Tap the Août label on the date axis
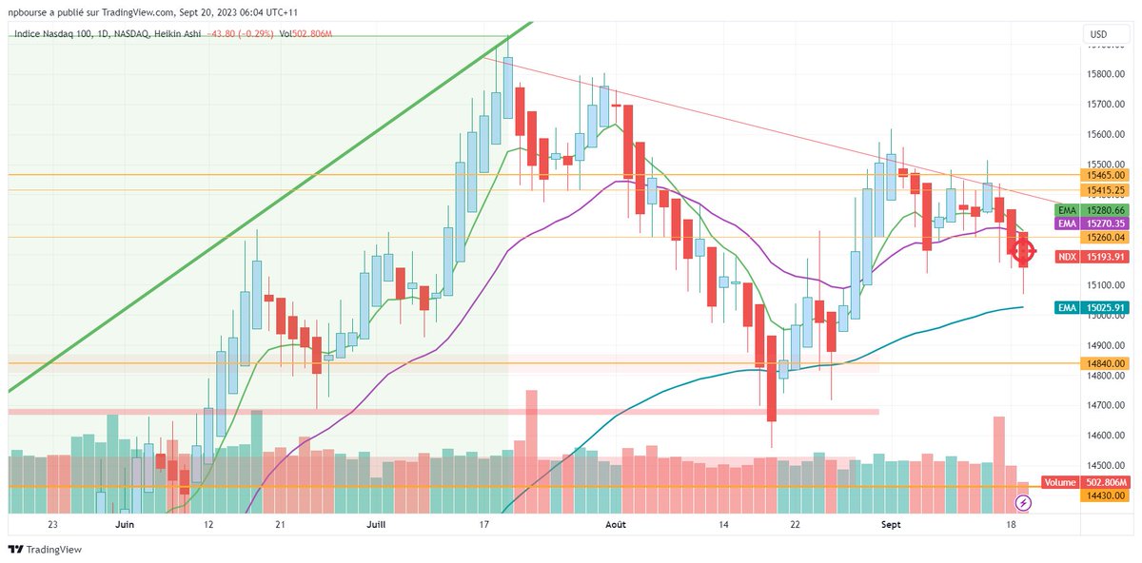point(616,524)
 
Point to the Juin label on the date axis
point(124,524)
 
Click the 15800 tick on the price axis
point(1105,74)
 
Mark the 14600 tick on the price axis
point(1105,436)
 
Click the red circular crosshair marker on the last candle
point(1023,252)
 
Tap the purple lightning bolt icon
point(1024,501)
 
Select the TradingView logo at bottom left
point(47,549)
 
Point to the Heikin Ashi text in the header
point(181,34)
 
